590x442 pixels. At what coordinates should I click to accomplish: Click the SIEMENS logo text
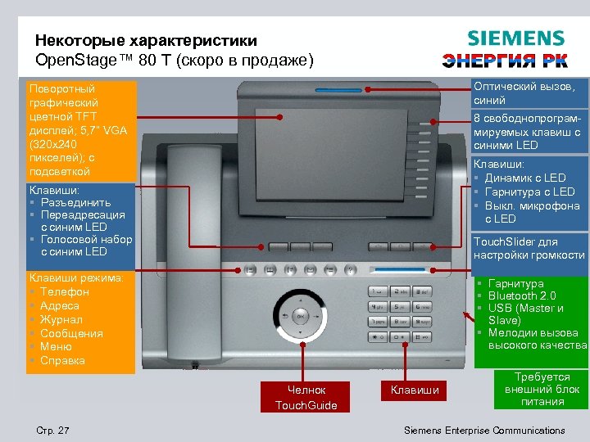tap(515, 38)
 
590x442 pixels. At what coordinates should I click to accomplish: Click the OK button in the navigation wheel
tap(301, 315)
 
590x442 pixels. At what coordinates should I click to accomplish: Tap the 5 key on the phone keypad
tap(399, 306)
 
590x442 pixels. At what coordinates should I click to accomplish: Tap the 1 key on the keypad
tap(378, 291)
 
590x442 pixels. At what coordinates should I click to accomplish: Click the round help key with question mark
tap(350, 269)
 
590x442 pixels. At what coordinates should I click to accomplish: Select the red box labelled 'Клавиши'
tap(415, 390)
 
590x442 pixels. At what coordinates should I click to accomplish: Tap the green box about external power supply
tap(542, 390)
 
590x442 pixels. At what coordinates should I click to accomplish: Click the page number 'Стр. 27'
tap(53, 431)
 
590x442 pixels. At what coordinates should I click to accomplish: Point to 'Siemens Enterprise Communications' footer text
tap(485, 431)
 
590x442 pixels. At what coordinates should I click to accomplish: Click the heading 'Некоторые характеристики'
tap(146, 41)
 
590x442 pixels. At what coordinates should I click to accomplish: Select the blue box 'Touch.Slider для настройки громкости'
tap(529, 248)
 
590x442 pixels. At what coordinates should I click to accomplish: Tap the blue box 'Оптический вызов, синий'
tap(529, 93)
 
